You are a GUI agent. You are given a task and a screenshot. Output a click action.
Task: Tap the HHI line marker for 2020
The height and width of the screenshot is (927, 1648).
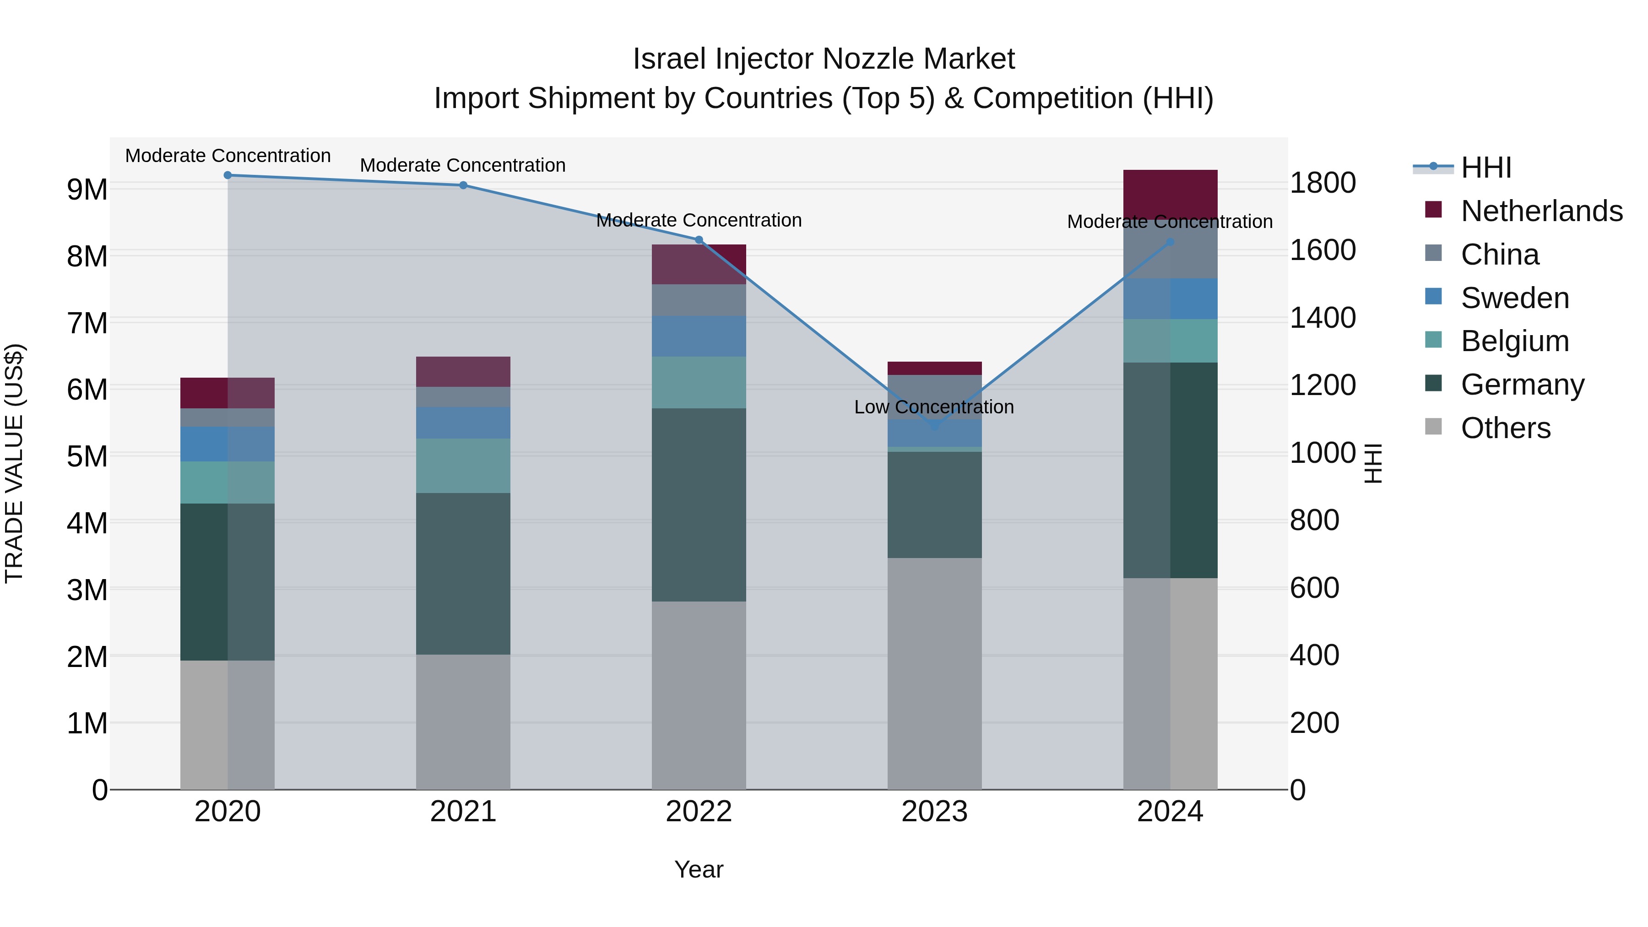click(x=228, y=175)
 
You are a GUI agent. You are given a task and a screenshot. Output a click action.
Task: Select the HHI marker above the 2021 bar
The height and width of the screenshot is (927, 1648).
click(x=463, y=185)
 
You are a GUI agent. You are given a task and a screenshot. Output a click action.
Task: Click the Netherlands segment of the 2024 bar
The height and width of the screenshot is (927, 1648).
click(x=1170, y=195)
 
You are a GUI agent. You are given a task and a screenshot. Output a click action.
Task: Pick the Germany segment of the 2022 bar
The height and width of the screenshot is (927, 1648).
click(x=699, y=505)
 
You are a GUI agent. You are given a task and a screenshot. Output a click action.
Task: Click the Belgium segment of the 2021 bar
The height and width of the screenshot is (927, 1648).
click(x=463, y=466)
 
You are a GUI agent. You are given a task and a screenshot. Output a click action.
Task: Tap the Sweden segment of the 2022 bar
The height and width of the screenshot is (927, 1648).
click(x=699, y=336)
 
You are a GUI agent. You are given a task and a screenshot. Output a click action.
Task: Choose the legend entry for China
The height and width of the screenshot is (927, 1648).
click(x=1500, y=255)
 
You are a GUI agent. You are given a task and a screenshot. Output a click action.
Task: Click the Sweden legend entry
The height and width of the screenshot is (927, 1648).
click(x=1514, y=298)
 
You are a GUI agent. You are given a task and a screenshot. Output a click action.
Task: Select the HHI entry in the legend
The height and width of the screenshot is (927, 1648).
click(x=1485, y=168)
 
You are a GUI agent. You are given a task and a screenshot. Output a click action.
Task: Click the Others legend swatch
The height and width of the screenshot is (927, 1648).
click(x=1434, y=427)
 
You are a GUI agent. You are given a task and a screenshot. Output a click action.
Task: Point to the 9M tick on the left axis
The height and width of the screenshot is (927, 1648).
click(x=87, y=190)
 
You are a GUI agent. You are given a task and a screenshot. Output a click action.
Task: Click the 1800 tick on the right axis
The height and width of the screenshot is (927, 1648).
click(x=1322, y=183)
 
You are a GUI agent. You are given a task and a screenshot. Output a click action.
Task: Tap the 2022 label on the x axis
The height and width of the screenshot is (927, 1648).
click(x=699, y=812)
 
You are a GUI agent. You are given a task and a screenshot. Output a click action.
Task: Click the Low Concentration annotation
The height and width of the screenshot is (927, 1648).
click(x=933, y=407)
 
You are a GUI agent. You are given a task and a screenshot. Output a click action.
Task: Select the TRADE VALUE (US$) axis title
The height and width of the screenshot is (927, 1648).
click(x=14, y=463)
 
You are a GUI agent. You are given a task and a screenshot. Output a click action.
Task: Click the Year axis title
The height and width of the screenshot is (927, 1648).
click(x=699, y=869)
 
